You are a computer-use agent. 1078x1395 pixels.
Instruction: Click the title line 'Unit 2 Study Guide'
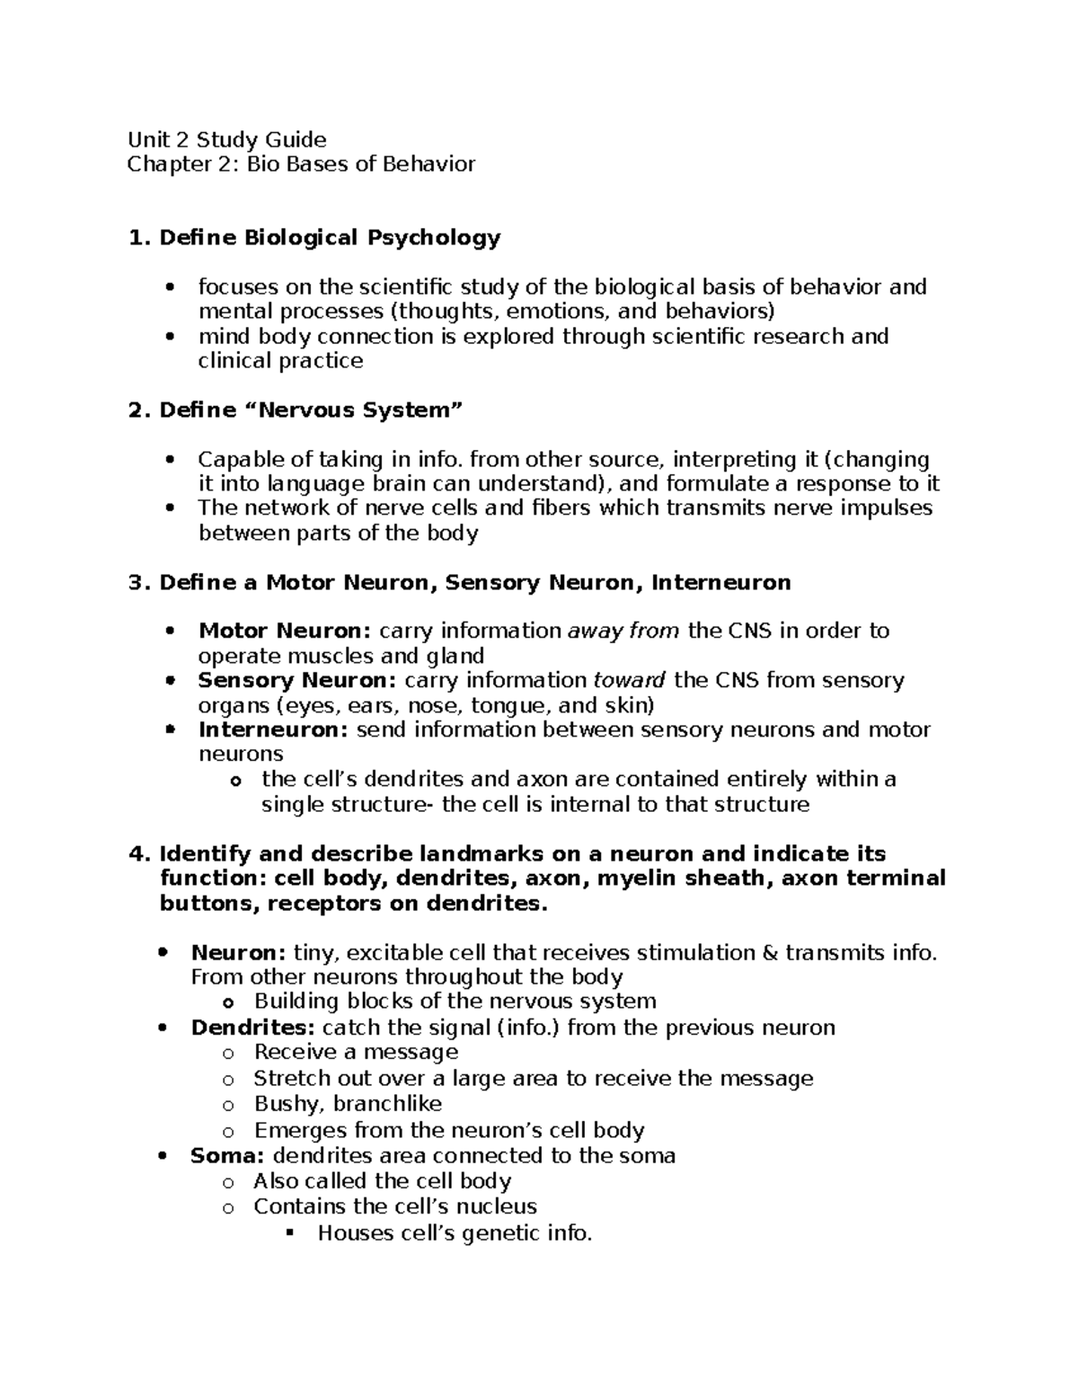tap(226, 139)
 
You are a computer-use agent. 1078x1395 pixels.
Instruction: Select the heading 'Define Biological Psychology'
tap(330, 237)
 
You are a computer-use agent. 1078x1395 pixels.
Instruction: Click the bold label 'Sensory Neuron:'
tap(296, 680)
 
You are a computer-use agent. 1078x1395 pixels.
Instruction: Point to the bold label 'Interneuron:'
tap(273, 729)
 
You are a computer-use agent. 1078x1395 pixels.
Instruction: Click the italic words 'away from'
tap(623, 631)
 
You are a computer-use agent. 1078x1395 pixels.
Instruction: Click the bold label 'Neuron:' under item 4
tap(238, 952)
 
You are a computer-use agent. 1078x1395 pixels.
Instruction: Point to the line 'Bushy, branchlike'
tap(348, 1104)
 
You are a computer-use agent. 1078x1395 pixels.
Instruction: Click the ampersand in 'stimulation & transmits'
tap(770, 952)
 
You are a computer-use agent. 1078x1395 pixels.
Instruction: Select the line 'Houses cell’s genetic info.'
tap(455, 1233)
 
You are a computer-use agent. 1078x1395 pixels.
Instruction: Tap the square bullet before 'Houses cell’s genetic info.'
tap(290, 1232)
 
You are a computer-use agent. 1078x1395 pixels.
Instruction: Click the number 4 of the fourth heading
tap(137, 853)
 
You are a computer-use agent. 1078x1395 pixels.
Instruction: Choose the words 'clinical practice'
tap(280, 361)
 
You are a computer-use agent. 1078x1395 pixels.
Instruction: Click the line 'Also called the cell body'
tap(382, 1181)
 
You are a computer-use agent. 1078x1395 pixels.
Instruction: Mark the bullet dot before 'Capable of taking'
tap(169, 461)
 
